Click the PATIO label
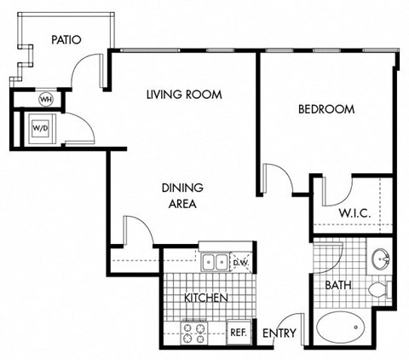click(66, 39)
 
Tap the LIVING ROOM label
click(183, 95)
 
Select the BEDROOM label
click(325, 109)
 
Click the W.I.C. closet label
click(353, 212)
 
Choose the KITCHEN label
click(206, 298)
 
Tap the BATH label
click(337, 285)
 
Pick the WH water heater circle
click(46, 99)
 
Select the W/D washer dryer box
click(41, 128)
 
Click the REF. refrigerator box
click(238, 332)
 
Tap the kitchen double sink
click(215, 261)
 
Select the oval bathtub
click(343, 328)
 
